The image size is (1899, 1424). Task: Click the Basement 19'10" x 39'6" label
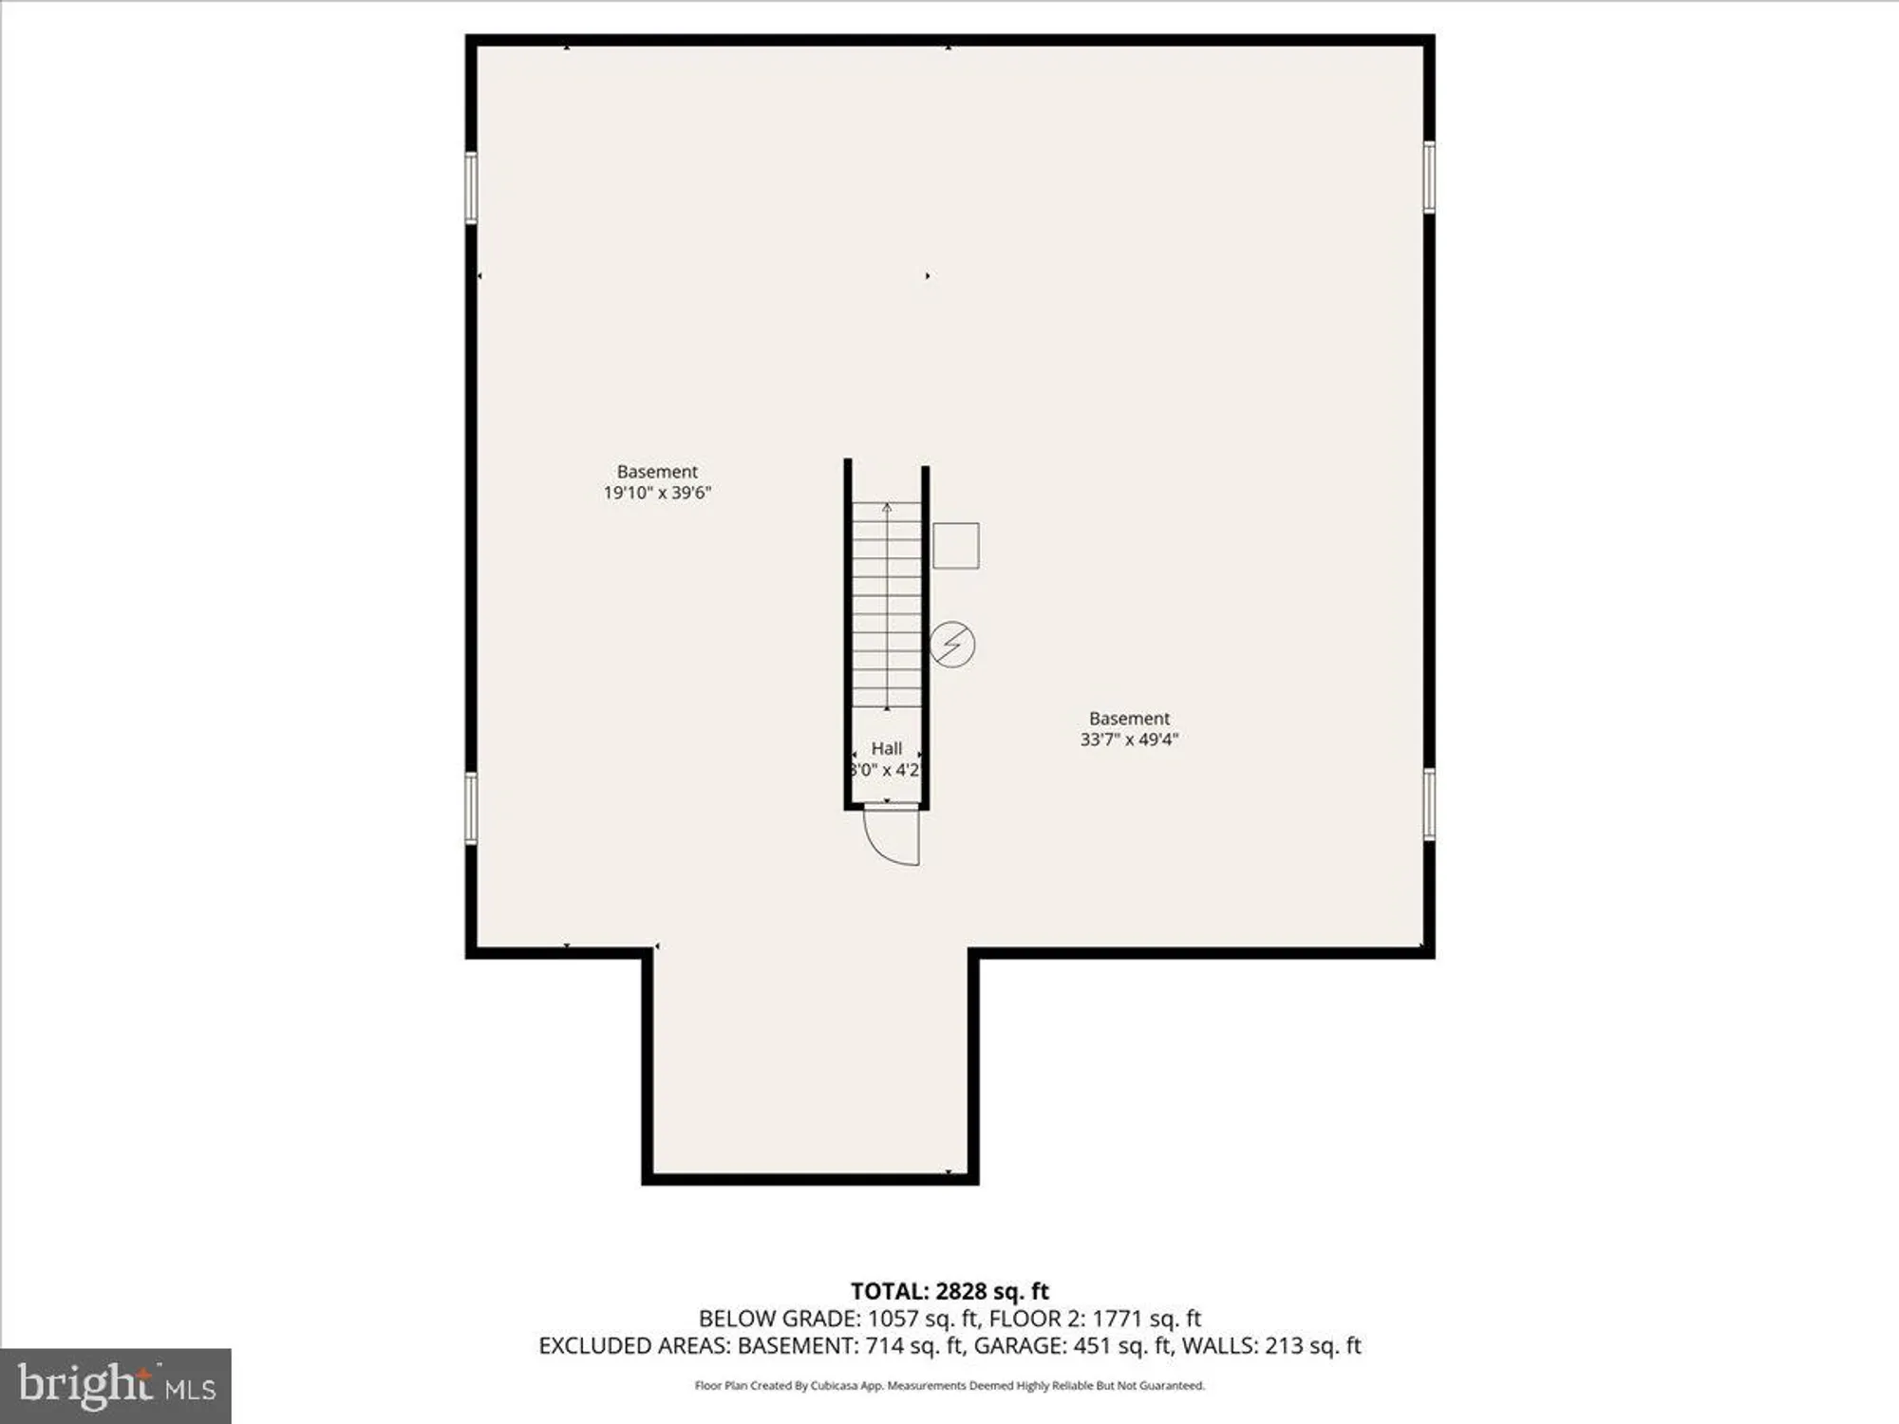657,482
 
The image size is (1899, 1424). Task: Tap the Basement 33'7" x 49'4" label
1129,729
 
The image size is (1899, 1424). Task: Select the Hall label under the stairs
886,749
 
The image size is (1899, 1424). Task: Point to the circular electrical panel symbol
951,645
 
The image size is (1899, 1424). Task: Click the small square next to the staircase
955,546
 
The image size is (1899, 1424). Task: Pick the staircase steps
886,608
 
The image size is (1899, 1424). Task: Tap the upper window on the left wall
471,188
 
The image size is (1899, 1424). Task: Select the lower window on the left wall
471,808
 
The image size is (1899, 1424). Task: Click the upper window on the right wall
1428,177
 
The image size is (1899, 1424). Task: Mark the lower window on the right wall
1428,805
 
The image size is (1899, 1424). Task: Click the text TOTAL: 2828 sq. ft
949,1291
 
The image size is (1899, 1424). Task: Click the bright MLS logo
116,1386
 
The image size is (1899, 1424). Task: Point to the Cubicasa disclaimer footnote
949,1386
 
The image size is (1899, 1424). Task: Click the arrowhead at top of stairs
887,508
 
